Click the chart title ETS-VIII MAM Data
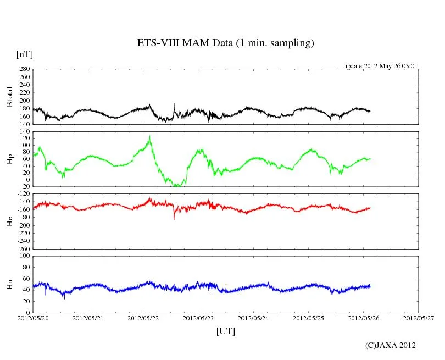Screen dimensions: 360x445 225,43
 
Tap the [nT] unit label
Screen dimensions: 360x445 25,54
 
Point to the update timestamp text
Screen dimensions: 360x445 381,66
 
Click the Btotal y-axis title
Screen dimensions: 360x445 9,97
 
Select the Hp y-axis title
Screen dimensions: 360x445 9,159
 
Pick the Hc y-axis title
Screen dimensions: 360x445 9,221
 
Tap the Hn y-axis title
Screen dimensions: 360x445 9,284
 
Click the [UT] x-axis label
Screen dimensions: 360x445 225,331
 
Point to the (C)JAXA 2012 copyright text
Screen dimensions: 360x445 390,345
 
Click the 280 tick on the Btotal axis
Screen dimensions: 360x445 24,69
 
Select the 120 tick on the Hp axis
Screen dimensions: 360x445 24,139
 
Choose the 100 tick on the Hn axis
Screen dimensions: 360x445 24,256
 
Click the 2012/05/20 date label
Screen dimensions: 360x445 33,318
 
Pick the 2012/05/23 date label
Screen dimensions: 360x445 198,318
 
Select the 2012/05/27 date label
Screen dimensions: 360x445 418,318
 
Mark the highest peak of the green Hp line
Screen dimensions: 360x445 150,136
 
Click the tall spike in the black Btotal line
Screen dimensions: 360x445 174,104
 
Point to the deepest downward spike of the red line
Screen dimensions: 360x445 174,219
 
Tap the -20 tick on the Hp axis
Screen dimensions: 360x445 24,186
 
